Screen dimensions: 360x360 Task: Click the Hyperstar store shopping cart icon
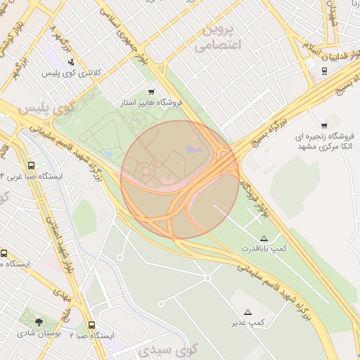tap(151, 92)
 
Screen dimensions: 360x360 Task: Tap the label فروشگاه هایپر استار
tap(151, 103)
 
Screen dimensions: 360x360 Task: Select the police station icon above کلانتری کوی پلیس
tap(72, 62)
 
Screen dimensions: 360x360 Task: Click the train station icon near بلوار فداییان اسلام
tap(324, 70)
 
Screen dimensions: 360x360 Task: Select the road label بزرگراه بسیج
tap(278, 112)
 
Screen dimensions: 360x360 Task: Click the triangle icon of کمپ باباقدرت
tap(264, 239)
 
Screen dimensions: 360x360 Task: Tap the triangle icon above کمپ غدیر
tap(247, 311)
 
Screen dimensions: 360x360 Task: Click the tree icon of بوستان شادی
tap(38, 322)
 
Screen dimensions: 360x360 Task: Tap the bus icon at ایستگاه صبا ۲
tap(92, 325)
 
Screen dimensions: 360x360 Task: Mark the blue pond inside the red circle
tap(193, 150)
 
